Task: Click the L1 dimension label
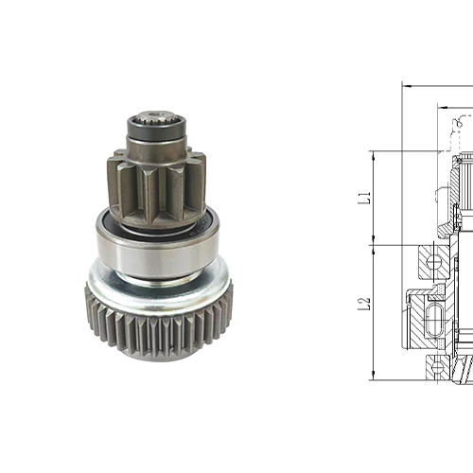point(362,198)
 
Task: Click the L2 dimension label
point(362,306)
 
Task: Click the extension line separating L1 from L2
point(397,244)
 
